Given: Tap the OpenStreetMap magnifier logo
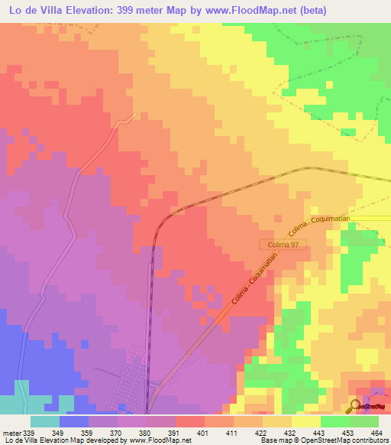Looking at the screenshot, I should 357,407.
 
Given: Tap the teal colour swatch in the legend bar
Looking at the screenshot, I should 45,421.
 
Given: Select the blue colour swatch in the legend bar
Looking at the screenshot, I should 74,421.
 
